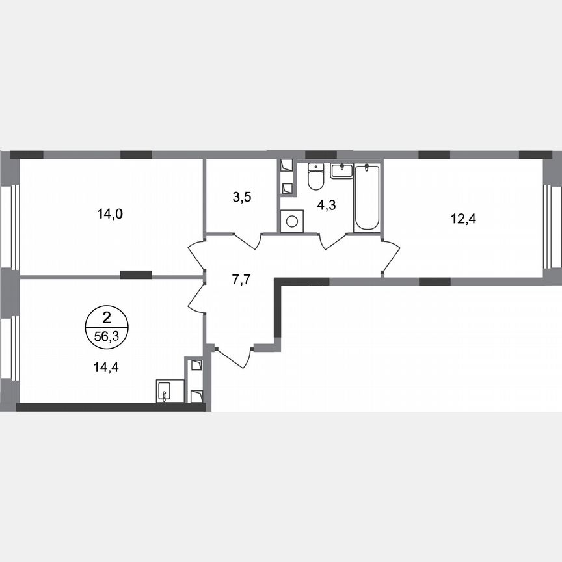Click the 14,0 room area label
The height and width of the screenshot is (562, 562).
[x=110, y=213]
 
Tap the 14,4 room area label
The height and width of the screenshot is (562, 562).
[x=107, y=366]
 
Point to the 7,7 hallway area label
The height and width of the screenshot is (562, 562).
[x=241, y=280]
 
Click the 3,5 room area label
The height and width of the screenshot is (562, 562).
[x=242, y=197]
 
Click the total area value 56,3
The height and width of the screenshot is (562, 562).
[x=107, y=336]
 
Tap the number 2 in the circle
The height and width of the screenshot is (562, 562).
[x=107, y=318]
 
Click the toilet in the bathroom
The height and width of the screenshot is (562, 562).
[x=315, y=176]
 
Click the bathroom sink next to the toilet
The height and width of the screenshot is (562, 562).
[x=341, y=171]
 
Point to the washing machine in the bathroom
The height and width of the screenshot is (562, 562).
[x=291, y=221]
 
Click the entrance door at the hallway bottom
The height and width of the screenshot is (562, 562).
[x=233, y=357]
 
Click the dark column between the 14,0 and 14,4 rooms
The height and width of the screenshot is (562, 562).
[x=136, y=275]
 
